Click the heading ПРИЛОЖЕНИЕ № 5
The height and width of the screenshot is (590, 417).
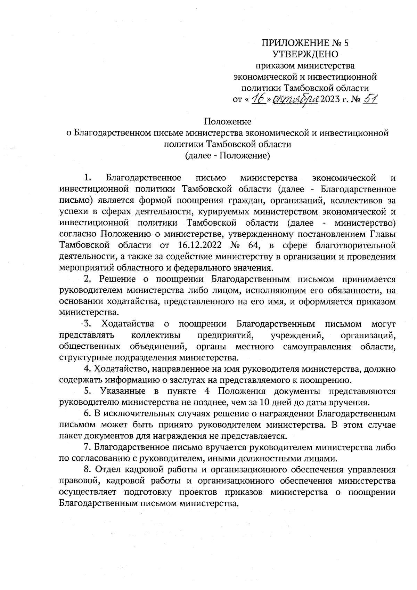[x=305, y=43]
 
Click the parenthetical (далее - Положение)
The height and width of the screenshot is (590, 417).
[x=227, y=155]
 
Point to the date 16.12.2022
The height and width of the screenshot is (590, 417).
[x=197, y=245]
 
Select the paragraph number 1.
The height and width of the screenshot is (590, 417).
[x=88, y=178]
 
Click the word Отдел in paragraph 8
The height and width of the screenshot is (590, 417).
[x=106, y=470]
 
